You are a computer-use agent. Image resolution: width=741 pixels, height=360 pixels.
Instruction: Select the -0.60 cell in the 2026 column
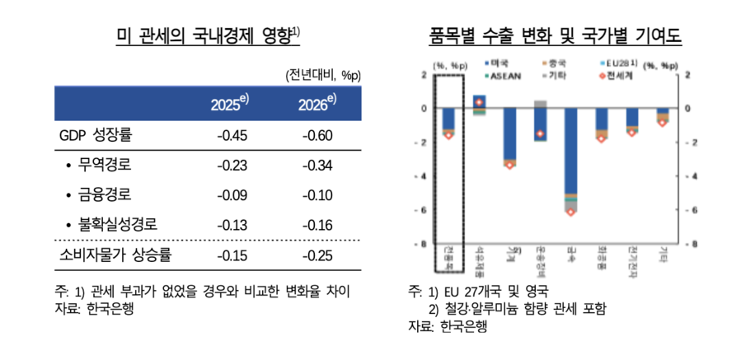point(317,135)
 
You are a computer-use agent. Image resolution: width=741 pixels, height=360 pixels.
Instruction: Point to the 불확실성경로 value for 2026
point(317,225)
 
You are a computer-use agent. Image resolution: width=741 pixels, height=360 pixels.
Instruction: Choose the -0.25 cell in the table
point(317,255)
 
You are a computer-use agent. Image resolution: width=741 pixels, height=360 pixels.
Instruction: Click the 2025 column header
point(229,104)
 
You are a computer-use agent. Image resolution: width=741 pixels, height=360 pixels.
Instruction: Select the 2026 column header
point(317,104)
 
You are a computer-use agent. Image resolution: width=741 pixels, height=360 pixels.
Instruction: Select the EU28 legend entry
point(616,63)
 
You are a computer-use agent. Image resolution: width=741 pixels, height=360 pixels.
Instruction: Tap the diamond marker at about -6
point(570,212)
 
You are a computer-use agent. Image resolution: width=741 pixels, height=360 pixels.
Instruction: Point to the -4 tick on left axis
point(424,176)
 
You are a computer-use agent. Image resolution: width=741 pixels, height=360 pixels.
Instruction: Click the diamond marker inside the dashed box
point(448,135)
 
